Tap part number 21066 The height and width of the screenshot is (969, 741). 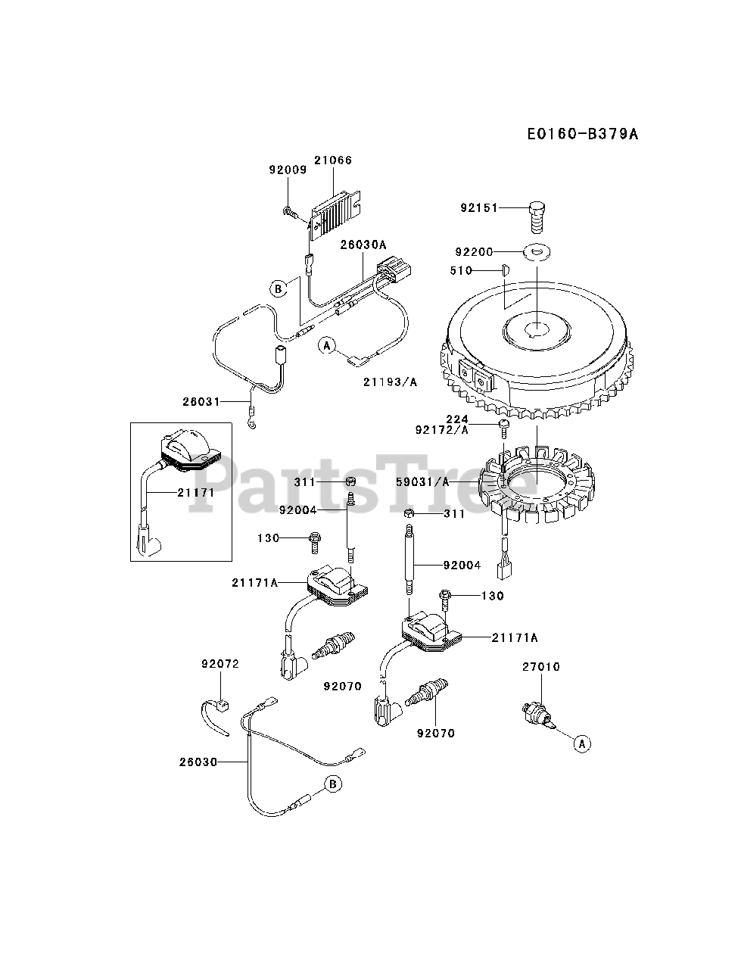pyautogui.click(x=335, y=160)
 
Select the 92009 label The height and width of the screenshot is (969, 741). pyautogui.click(x=288, y=170)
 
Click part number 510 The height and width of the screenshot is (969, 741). pyautogui.click(x=460, y=270)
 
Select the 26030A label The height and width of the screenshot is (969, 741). pyautogui.click(x=363, y=245)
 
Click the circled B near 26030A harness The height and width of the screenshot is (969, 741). pyautogui.click(x=279, y=288)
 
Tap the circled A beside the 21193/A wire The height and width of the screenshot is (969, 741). pyautogui.click(x=326, y=346)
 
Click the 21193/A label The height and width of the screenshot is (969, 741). pyautogui.click(x=389, y=382)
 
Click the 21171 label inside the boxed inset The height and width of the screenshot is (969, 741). pyautogui.click(x=197, y=493)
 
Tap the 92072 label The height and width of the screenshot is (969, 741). pyautogui.click(x=219, y=664)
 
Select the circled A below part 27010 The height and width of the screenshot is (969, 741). pyautogui.click(x=581, y=744)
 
